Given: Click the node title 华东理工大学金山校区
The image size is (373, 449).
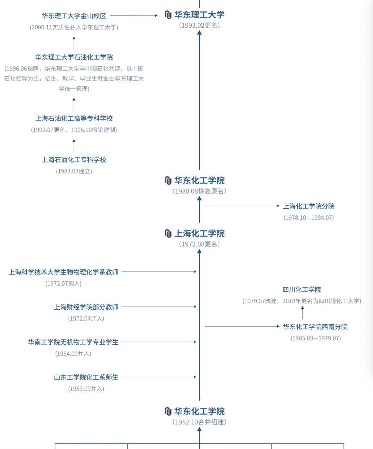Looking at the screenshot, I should [x=74, y=16].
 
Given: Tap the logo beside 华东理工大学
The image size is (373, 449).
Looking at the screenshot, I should [x=168, y=15].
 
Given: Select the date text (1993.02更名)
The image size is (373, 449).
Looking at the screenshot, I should [x=199, y=25].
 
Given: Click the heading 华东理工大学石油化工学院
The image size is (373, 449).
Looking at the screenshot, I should [x=74, y=57].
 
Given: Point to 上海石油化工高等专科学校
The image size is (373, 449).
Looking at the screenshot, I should [x=74, y=119].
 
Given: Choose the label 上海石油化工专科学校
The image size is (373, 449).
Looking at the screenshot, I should [x=74, y=160].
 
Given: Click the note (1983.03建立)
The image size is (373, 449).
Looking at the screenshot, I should [x=74, y=171].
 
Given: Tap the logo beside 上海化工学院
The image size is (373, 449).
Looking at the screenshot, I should [x=168, y=234].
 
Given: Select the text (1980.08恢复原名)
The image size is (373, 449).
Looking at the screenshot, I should [x=199, y=191].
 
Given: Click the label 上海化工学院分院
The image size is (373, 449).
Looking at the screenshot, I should [x=309, y=206].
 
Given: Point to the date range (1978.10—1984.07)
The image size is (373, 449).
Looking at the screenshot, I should [x=309, y=218].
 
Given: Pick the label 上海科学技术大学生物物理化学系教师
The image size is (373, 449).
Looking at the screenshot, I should [x=64, y=272].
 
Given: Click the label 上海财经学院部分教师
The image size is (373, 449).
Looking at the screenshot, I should [x=86, y=307].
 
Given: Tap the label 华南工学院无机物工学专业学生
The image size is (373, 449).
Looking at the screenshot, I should [x=73, y=342].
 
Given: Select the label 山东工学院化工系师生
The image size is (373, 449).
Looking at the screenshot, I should [x=86, y=377].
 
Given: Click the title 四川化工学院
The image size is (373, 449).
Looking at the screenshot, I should [x=302, y=290].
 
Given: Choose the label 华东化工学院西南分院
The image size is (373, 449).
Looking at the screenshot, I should [x=315, y=327].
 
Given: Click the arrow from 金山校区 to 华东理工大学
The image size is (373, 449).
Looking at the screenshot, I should [x=134, y=16].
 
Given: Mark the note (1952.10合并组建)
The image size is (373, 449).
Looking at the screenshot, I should [x=199, y=422].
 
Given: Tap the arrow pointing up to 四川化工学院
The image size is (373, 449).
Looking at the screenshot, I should [x=303, y=312].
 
